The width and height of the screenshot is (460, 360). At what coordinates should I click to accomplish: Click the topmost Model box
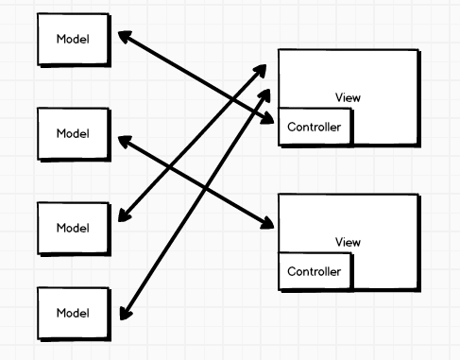pyautogui.click(x=73, y=39)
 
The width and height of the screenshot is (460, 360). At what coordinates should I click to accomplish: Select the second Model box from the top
pyautogui.click(x=73, y=133)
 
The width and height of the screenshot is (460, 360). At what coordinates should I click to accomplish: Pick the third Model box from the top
pyautogui.click(x=73, y=228)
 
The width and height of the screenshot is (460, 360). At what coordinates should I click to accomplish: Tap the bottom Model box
pyautogui.click(x=73, y=313)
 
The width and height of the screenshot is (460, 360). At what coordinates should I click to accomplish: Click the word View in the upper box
pyautogui.click(x=348, y=97)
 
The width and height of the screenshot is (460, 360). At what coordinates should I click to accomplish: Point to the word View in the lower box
pyautogui.click(x=348, y=243)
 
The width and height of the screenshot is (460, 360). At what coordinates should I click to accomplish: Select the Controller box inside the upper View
pyautogui.click(x=315, y=128)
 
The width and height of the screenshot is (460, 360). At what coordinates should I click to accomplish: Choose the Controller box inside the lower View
pyautogui.click(x=315, y=272)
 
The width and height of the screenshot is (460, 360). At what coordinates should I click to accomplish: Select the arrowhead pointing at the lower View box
pyautogui.click(x=268, y=224)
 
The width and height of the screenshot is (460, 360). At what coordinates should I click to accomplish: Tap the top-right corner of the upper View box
pyautogui.click(x=417, y=50)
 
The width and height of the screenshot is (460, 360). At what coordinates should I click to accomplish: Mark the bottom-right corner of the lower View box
pyautogui.click(x=417, y=288)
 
